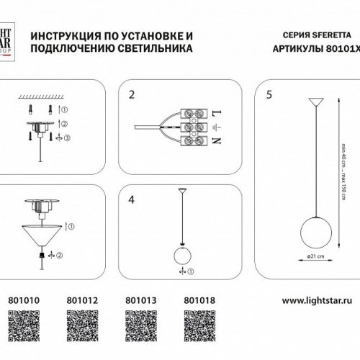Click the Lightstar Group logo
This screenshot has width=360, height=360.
tap(8, 40)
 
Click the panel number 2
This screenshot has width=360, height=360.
tap(132, 94)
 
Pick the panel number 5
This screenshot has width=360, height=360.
tap(269, 94)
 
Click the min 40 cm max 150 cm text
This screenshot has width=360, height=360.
tap(345, 173)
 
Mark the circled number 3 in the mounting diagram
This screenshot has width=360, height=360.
tap(67, 137)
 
